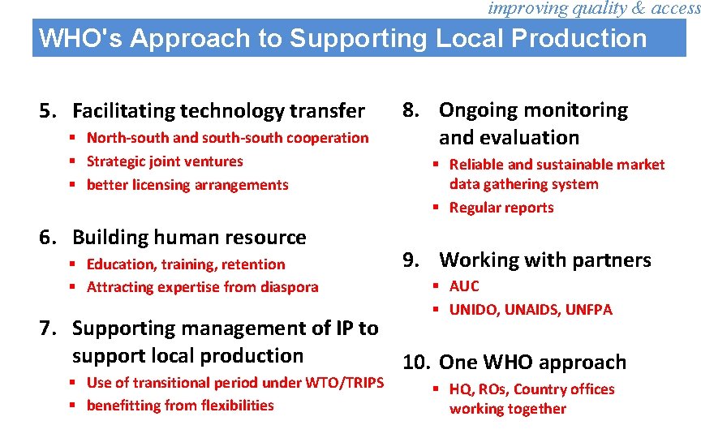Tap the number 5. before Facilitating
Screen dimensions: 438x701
pos(49,110)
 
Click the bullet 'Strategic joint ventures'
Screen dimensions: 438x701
pos(165,161)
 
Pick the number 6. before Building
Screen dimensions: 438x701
pos(49,238)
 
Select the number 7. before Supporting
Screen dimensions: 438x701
pos(49,328)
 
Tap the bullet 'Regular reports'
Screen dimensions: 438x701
pos(501,208)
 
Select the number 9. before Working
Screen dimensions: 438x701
pos(411,260)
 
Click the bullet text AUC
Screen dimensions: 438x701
pos(464,286)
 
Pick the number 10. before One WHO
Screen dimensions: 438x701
pos(416,363)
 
